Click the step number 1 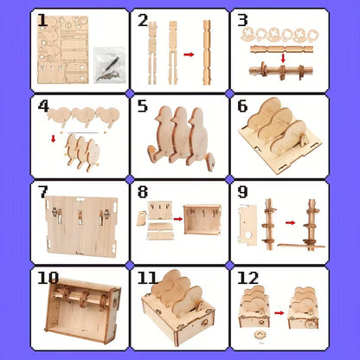click(42, 20)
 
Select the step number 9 click(243, 191)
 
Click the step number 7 click(42, 191)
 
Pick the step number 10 click(48, 279)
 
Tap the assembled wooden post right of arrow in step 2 click(208, 52)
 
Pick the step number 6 click(243, 106)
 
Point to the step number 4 click(42, 106)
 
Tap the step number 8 click(143, 191)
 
